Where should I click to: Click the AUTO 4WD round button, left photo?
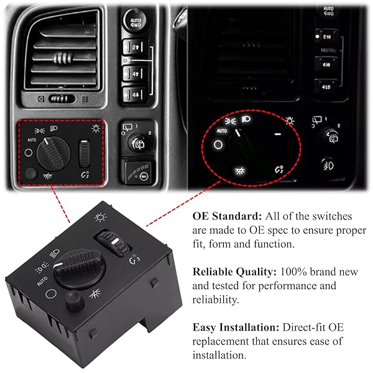136,21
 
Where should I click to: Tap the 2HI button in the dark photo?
326,37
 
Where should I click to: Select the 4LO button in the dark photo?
326,86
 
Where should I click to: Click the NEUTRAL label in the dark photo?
328,50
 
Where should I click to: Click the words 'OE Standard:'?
227,216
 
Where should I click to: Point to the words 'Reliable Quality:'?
234,272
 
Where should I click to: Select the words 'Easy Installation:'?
236,328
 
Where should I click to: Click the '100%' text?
293,272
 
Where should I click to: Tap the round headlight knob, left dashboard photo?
53,154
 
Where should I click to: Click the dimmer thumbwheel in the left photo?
84,154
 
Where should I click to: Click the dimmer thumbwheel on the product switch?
114,243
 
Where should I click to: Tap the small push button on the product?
75,300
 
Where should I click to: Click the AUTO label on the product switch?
42,282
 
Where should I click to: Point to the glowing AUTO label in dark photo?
222,131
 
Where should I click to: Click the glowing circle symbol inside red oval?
218,145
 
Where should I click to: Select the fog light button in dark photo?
328,165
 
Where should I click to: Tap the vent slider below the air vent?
62,99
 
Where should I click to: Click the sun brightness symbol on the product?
100,217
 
